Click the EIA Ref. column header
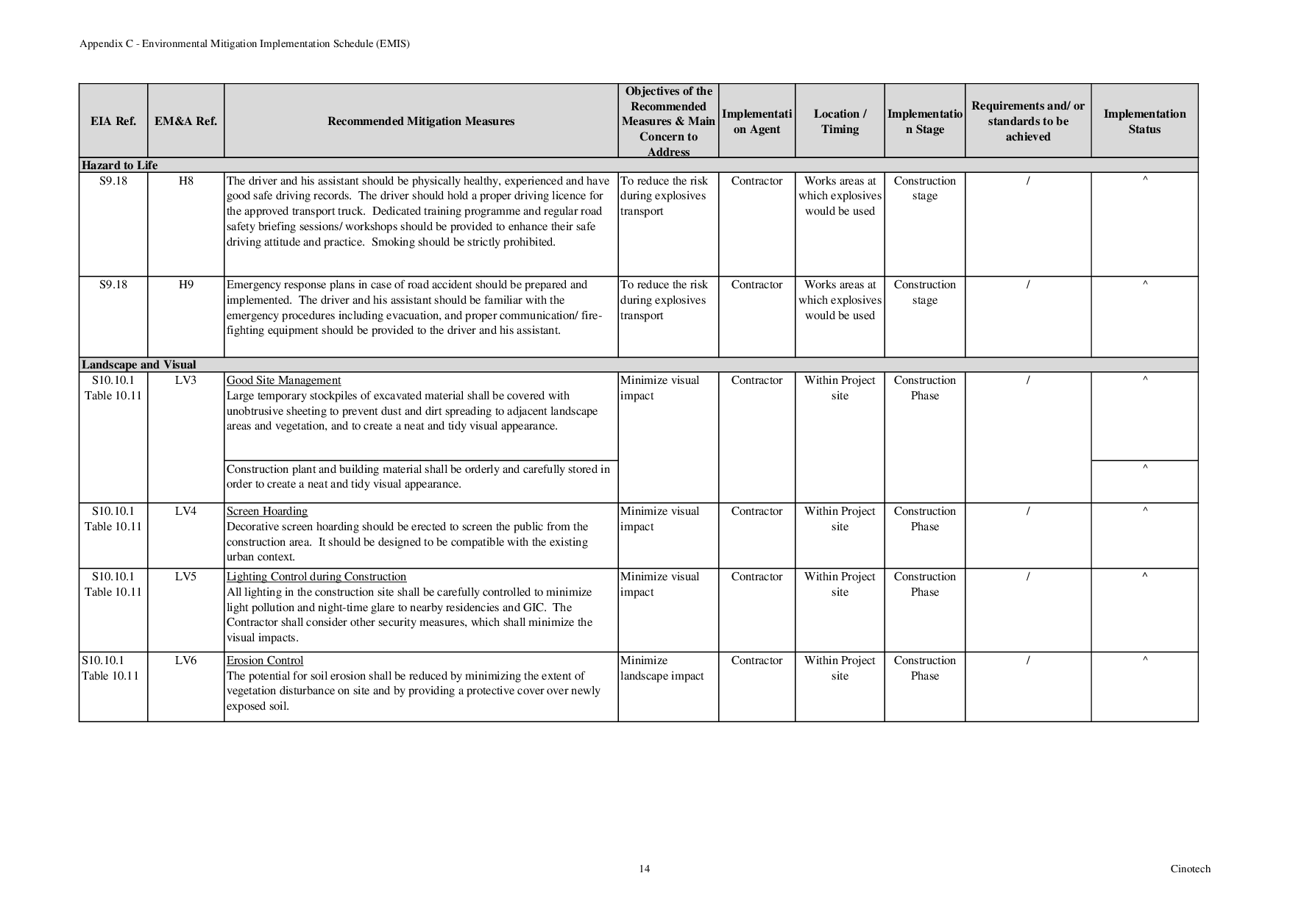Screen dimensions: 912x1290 point(113,121)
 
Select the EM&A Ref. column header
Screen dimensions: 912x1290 point(185,121)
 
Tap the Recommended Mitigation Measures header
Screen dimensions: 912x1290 point(421,121)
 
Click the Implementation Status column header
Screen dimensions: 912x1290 point(1144,121)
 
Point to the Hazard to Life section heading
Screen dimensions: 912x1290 point(120,165)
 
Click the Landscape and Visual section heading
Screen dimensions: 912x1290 point(139,365)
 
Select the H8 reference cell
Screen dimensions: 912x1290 point(185,181)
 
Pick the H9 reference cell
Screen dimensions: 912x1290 point(185,285)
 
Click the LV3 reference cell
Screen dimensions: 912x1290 point(185,380)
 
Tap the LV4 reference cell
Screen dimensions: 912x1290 point(185,511)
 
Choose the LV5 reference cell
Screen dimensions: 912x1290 point(185,577)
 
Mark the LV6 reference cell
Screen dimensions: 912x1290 point(185,660)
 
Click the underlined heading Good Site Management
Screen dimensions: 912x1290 point(283,380)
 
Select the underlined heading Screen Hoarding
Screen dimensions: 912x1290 point(267,511)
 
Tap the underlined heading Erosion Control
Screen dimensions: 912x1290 point(265,660)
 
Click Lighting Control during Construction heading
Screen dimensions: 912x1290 point(316,577)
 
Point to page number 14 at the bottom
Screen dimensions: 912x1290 point(644,869)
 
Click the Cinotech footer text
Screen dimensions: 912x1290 point(1190,869)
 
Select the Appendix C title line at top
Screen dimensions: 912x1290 point(244,43)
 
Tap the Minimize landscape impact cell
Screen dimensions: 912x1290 point(662,669)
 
